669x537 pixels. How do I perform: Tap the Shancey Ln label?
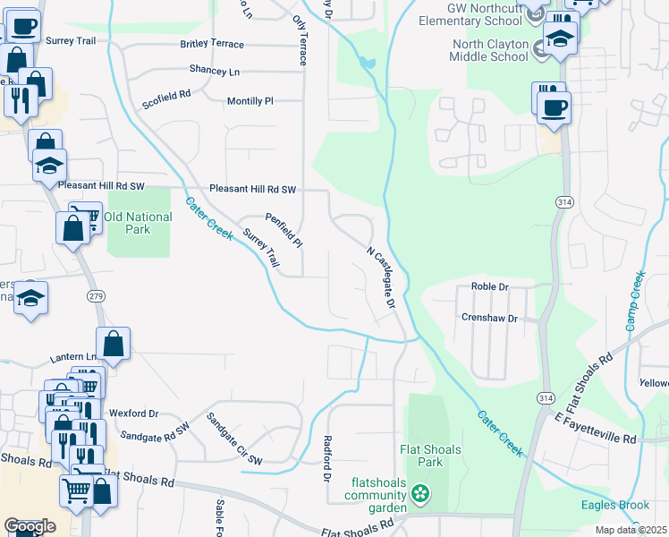click(x=215, y=71)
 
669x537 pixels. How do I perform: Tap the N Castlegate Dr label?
click(x=381, y=277)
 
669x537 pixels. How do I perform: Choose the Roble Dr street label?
click(x=489, y=287)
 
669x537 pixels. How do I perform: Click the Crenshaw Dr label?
click(x=489, y=319)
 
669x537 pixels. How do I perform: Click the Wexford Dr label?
click(x=133, y=413)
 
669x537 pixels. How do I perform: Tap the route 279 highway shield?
click(x=96, y=296)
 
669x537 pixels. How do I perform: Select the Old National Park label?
click(x=138, y=223)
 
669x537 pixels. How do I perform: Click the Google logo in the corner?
click(x=30, y=526)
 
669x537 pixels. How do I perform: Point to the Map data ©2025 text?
click(x=631, y=530)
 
